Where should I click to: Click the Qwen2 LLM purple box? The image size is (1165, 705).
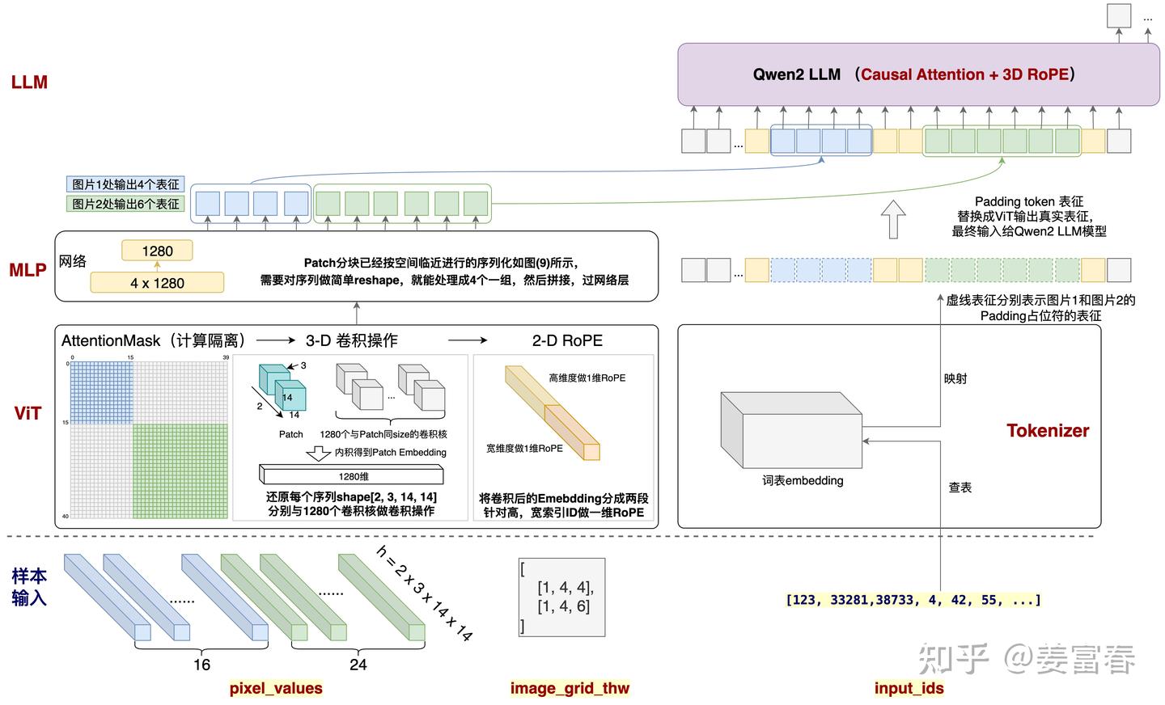(x=917, y=74)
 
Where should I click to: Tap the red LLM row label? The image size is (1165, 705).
(x=29, y=82)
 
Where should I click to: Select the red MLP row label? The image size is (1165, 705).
(x=28, y=270)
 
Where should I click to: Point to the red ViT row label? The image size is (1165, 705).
(x=28, y=414)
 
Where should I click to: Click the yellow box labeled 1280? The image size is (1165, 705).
(x=157, y=251)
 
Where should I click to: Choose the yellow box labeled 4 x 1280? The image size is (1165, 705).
(x=157, y=283)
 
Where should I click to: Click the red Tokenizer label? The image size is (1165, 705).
(x=1048, y=431)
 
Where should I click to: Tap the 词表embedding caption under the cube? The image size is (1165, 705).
(x=803, y=480)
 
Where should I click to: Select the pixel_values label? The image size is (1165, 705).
(x=276, y=688)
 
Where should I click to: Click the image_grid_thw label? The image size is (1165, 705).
(x=570, y=688)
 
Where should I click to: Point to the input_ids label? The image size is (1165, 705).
(x=909, y=688)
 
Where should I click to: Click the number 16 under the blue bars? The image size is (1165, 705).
(x=201, y=665)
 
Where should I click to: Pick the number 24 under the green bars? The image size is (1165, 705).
(x=358, y=665)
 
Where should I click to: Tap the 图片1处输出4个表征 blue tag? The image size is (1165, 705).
(x=125, y=184)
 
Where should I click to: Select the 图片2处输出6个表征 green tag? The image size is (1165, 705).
(x=125, y=204)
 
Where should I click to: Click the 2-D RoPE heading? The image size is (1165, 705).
(x=567, y=340)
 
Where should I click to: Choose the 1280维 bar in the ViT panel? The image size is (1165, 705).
(x=354, y=476)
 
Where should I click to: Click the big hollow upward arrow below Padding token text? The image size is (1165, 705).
(x=892, y=220)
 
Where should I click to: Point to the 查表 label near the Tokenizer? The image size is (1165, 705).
(x=960, y=488)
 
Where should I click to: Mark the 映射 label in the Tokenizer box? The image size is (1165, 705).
(x=955, y=378)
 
